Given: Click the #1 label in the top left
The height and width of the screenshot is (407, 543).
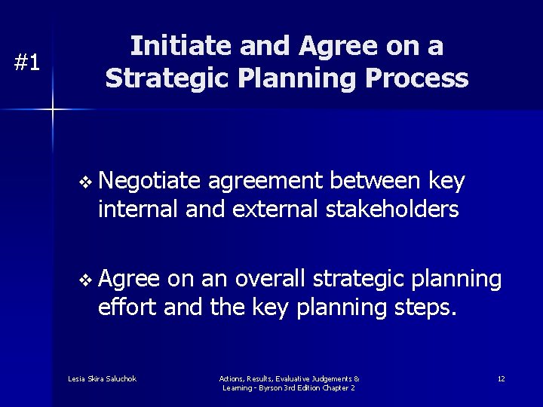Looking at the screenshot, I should tap(27, 63).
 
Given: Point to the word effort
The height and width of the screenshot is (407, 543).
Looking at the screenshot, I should tap(127, 307).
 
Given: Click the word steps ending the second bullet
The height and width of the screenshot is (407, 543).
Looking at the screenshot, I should tap(424, 308).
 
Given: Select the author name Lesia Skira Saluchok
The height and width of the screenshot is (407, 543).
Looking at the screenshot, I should tap(102, 378).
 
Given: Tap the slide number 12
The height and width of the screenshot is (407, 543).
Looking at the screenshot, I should tap(501, 378).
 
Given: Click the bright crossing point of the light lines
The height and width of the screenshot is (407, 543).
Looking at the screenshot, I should tap(53, 110).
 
